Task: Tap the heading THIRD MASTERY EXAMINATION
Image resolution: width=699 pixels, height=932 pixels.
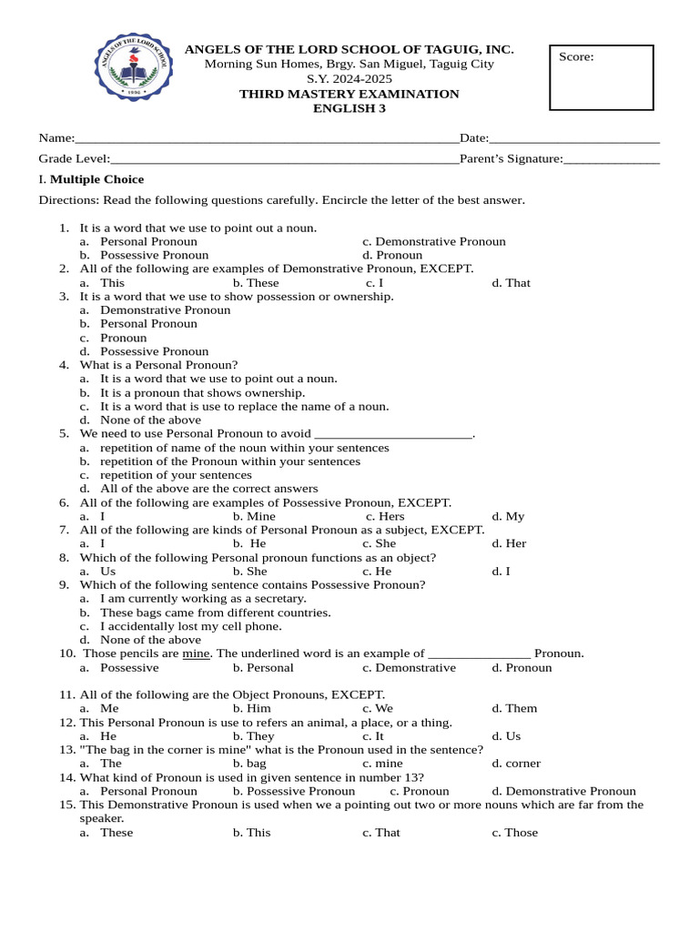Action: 349,94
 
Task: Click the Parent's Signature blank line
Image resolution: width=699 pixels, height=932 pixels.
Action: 611,159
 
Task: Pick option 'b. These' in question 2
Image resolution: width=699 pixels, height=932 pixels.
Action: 256,283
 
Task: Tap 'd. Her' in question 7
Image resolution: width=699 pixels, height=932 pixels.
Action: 509,543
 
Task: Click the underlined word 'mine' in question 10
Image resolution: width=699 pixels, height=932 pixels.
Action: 197,653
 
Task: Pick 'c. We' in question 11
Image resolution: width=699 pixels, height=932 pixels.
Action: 378,708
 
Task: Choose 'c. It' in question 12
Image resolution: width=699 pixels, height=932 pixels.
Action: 373,735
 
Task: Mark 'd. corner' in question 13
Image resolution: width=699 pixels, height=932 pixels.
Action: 516,763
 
